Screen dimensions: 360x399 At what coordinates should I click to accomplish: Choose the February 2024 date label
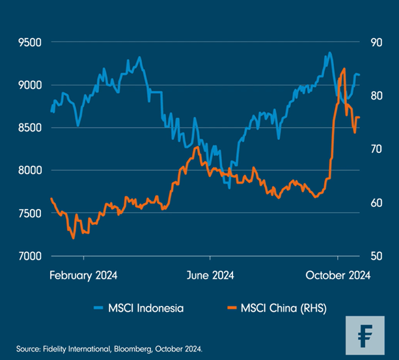pos(83,275)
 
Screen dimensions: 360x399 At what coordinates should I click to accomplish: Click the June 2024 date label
pos(211,275)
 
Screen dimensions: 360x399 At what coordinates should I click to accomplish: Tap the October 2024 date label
pos(338,275)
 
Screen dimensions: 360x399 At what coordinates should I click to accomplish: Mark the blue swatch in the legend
pos(99,307)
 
